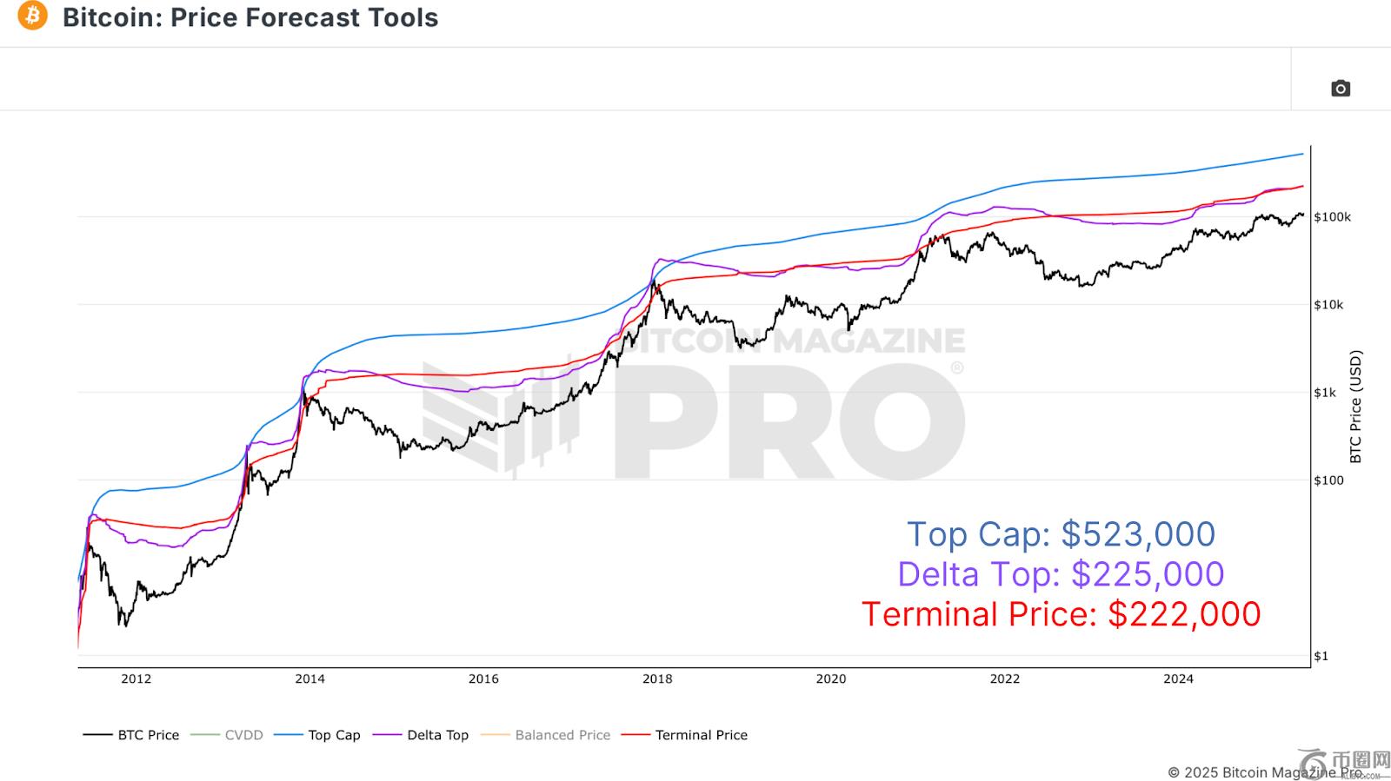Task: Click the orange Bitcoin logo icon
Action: (x=33, y=16)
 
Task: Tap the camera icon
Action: (x=1340, y=89)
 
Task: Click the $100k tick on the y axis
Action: (x=1332, y=217)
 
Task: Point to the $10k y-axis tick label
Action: (x=1328, y=305)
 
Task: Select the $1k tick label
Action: (x=1325, y=393)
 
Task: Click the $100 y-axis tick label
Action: (x=1328, y=480)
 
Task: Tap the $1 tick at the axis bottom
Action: (x=1321, y=656)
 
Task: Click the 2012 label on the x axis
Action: (x=136, y=678)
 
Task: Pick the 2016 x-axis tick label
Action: (x=483, y=678)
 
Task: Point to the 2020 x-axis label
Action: (x=830, y=678)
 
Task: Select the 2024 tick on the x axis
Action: (x=1178, y=678)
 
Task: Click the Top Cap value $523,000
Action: (x=1139, y=534)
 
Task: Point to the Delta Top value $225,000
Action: (x=1148, y=574)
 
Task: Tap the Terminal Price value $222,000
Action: (x=1184, y=614)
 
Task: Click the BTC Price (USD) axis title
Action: (x=1355, y=407)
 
